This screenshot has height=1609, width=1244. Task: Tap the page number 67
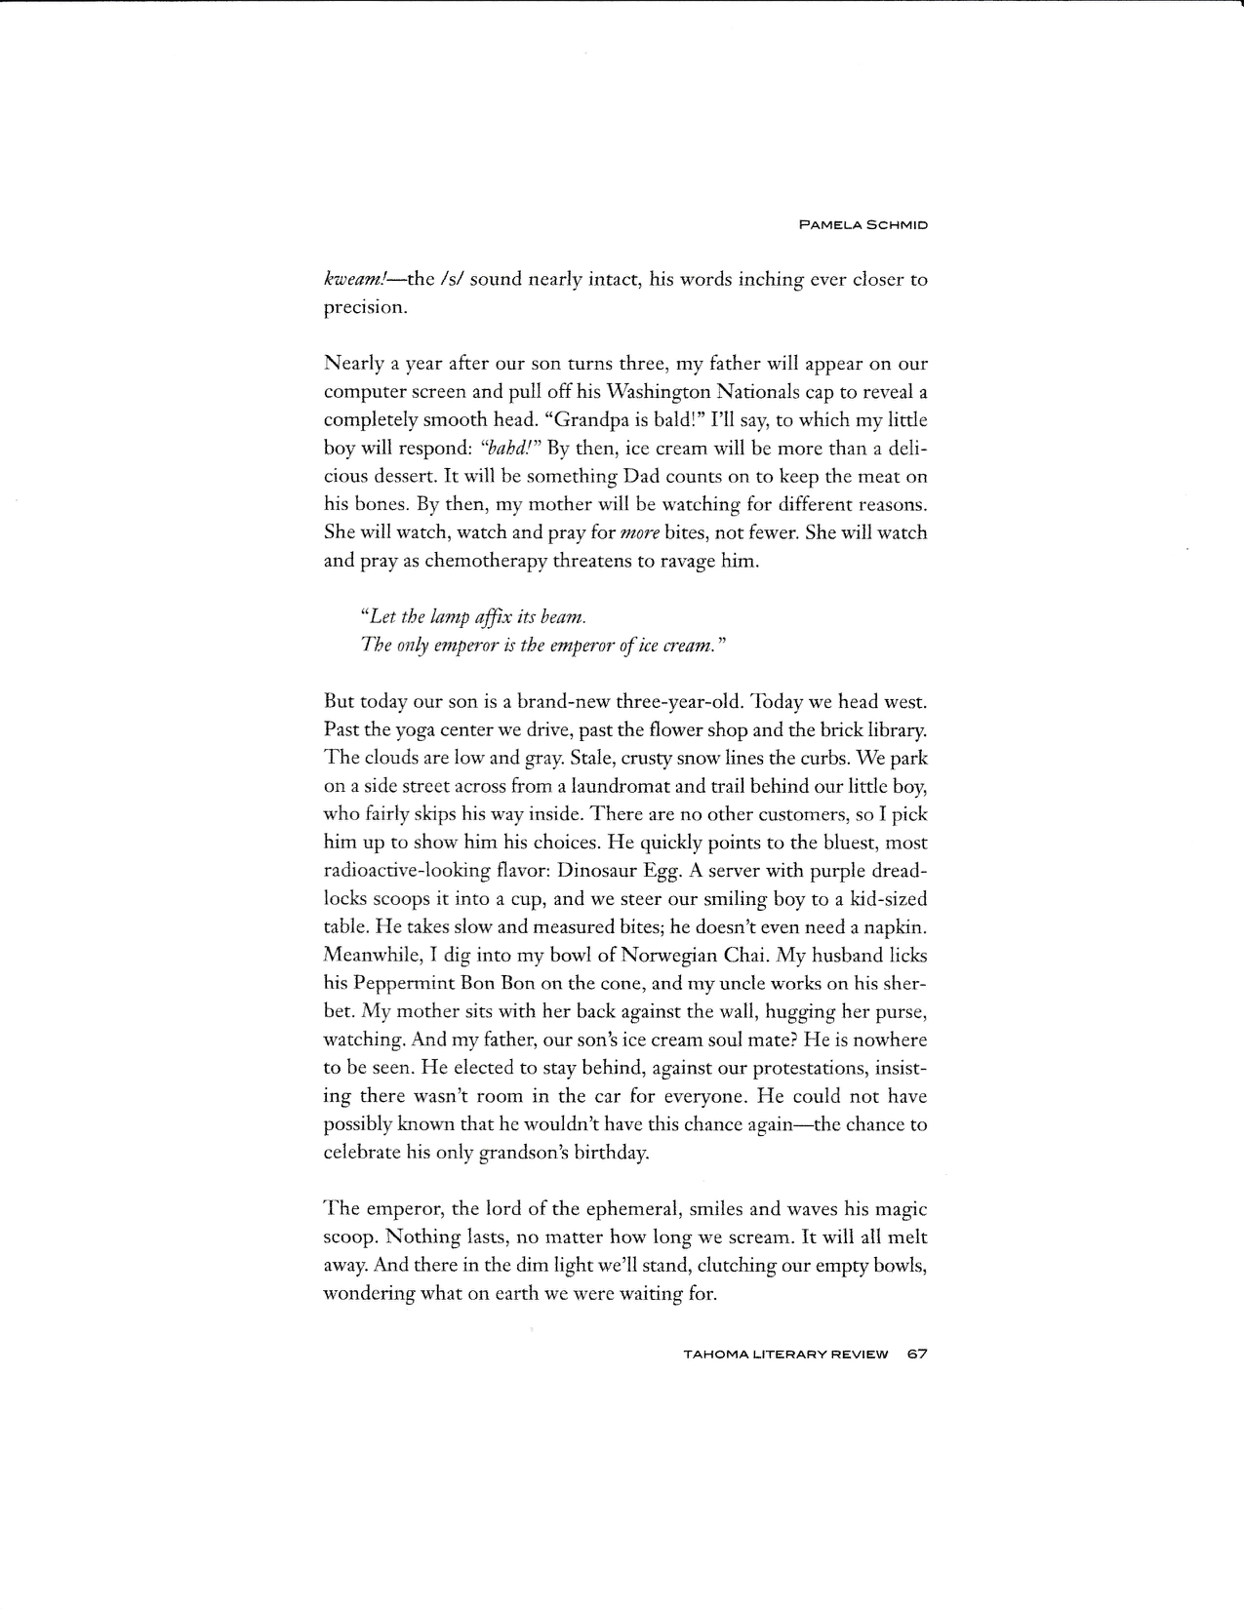pyautogui.click(x=915, y=1354)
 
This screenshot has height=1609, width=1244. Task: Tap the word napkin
pyautogui.click(x=895, y=927)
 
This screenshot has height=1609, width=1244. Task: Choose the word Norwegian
pyautogui.click(x=602, y=956)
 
